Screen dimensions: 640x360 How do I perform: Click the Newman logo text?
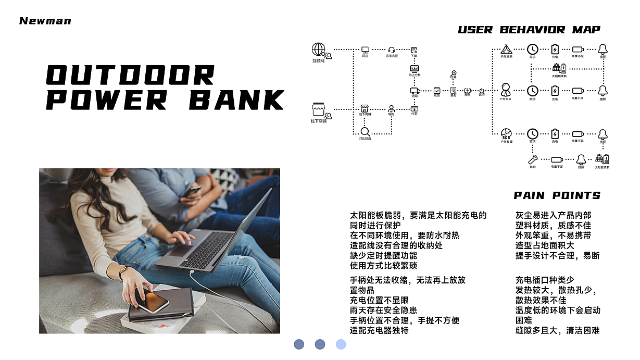point(45,21)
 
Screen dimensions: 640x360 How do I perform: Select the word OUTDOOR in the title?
point(130,75)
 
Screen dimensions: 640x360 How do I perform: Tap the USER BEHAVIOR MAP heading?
point(529,30)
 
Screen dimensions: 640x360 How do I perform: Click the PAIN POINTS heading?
point(557,196)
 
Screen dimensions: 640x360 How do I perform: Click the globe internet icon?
point(318,49)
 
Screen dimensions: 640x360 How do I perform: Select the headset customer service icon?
point(392,49)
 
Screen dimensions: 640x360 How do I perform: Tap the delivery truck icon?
point(415,91)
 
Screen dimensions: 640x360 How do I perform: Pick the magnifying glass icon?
point(365,132)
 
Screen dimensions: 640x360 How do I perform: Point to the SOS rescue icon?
point(506,134)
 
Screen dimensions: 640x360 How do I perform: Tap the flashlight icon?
point(533,159)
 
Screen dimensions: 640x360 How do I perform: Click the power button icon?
point(482,91)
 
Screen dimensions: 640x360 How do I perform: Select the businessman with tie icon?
point(506,90)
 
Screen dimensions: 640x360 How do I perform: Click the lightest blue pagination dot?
point(341,344)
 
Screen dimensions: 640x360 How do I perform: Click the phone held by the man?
point(193,191)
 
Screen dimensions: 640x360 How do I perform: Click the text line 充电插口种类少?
point(545,280)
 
